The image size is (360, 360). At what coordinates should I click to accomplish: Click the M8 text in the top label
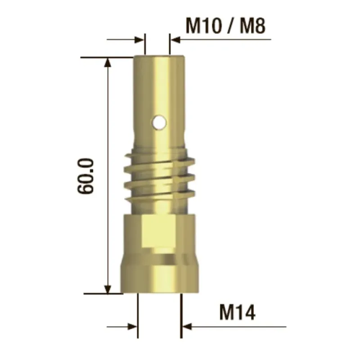(252, 26)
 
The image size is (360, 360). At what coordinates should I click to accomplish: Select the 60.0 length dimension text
(85, 176)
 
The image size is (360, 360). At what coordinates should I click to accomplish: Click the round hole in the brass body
(159, 122)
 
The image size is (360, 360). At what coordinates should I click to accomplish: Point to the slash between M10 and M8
(230, 26)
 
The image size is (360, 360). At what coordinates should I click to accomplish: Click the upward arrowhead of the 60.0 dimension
(108, 62)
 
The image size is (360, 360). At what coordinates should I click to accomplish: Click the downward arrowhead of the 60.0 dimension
(108, 289)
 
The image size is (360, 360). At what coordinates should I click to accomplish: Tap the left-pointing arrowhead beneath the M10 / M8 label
(175, 40)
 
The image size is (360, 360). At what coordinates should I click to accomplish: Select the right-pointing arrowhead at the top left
(139, 40)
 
